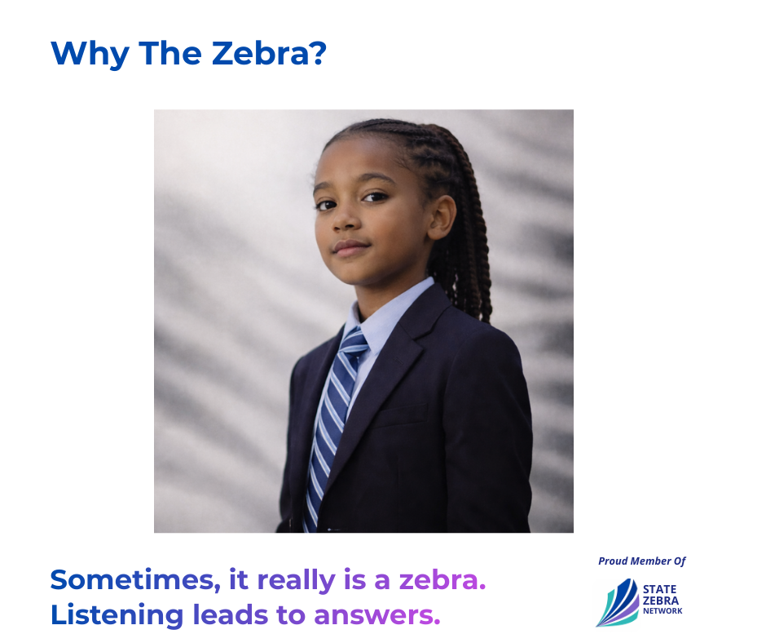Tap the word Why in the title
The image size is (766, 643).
coord(90,55)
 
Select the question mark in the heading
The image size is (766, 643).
coord(319,53)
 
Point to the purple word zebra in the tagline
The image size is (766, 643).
coord(442,580)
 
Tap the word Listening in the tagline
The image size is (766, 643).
coord(117,615)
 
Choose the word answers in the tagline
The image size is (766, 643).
coord(376,615)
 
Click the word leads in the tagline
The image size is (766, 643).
coord(231,614)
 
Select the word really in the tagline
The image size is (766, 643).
coord(296,581)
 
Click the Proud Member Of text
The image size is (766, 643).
coord(642,561)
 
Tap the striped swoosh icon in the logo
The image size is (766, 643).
coord(618,603)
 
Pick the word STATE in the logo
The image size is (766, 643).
coord(659,590)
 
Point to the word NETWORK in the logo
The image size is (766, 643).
coord(663,610)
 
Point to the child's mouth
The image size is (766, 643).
coord(350,247)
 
